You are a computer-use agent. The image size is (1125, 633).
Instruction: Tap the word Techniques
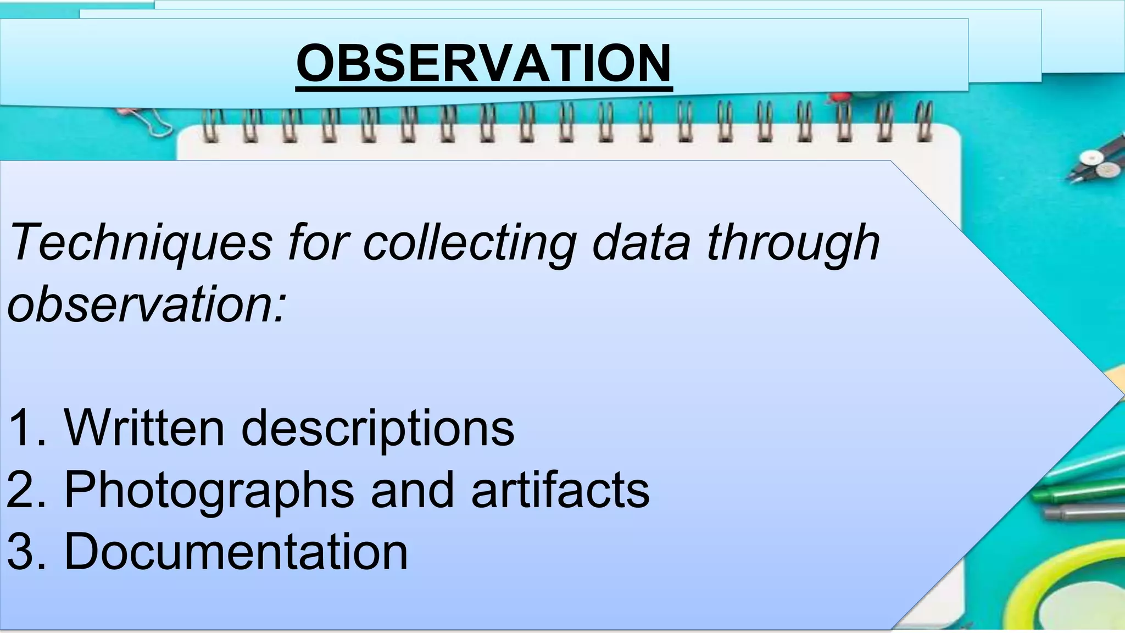point(141,243)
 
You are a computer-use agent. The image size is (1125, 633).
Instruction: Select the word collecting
point(470,243)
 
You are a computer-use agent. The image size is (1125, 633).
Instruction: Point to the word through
point(793,243)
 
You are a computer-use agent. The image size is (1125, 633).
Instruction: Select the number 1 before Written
point(25,427)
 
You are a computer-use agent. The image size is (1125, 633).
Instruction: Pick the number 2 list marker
point(25,489)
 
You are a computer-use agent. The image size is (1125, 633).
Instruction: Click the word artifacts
point(560,489)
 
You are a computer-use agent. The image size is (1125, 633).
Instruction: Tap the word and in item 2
point(413,489)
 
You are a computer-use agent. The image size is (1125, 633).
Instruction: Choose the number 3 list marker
point(25,551)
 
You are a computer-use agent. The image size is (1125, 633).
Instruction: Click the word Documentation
point(236,551)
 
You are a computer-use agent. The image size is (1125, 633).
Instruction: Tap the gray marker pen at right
point(1085,513)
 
